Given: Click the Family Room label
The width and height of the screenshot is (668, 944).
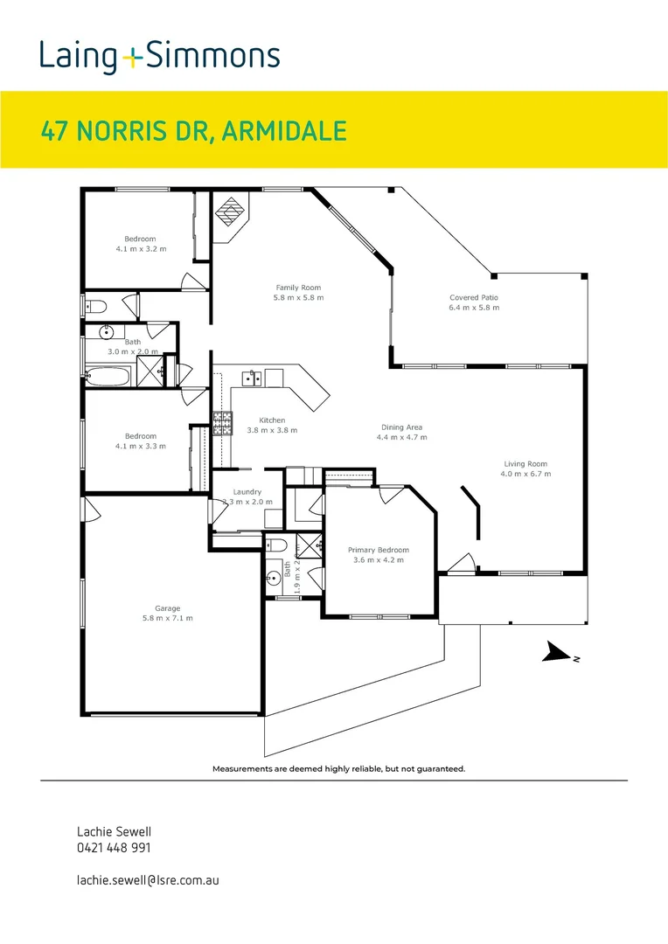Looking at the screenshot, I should tap(298, 288).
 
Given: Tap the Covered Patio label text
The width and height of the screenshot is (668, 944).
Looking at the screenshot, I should tap(474, 297).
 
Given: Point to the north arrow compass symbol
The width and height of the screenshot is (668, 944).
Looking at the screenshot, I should tap(556, 653).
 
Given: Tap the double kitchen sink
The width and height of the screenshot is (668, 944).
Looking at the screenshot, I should tap(252, 378).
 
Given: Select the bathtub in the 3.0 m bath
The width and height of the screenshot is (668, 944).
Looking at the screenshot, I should tap(108, 377).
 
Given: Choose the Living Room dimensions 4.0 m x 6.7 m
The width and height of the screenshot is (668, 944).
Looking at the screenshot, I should tap(525, 474).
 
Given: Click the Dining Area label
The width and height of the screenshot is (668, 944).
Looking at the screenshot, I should tap(402, 427).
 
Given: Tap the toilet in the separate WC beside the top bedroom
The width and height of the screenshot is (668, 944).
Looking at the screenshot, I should tap(95, 306).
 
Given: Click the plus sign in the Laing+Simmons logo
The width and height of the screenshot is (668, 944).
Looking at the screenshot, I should tap(132, 58).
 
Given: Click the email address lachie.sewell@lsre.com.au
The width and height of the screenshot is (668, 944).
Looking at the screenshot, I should tap(148, 879).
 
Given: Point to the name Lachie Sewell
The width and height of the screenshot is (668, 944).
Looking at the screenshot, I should tap(108, 831).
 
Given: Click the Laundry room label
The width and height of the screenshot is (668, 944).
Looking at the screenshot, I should tap(247, 492).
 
